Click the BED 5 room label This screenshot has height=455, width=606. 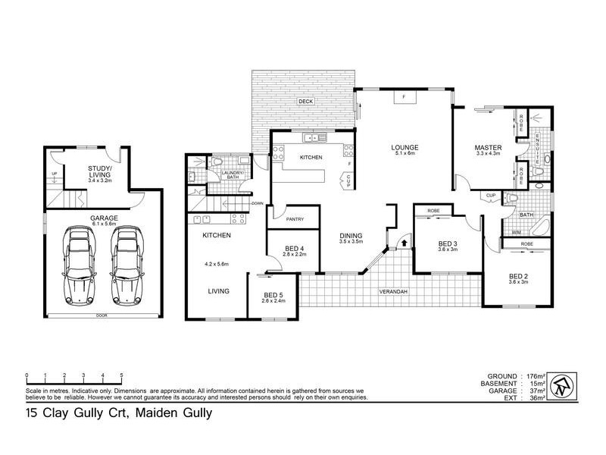pos(273,296)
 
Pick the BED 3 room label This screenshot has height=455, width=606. pos(448,244)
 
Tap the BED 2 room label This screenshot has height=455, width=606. pos(518,276)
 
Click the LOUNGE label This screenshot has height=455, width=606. pos(405,147)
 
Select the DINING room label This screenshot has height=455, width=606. pos(351,237)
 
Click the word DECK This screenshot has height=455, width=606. pos(305,101)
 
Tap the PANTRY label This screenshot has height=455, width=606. pos(295,220)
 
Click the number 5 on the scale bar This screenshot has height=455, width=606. pos(122,375)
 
